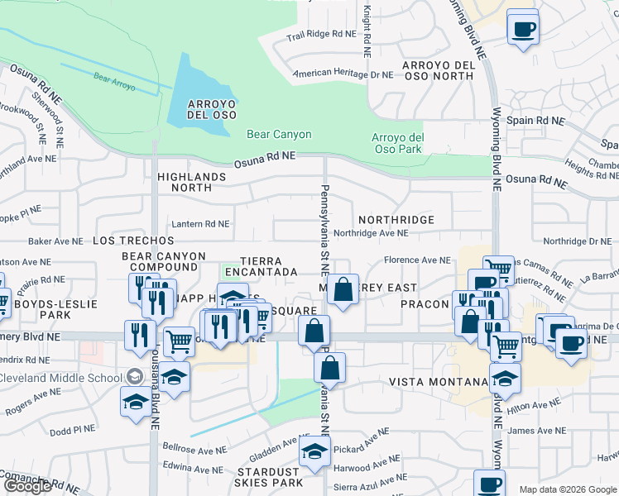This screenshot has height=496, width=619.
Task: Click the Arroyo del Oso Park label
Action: point(397,143)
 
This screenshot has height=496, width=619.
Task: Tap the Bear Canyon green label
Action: point(279,134)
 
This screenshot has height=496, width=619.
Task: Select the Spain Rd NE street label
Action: point(535,120)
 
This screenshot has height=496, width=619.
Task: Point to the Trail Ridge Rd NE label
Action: point(320,35)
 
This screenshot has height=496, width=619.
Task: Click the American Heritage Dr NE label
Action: point(344,74)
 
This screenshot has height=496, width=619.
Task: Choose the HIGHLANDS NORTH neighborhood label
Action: point(191,182)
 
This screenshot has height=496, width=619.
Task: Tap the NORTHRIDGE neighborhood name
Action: point(396,220)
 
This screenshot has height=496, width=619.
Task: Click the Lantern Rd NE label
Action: point(199,223)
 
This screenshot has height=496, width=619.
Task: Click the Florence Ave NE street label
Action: point(417,260)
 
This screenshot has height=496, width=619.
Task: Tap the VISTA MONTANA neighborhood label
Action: point(439,382)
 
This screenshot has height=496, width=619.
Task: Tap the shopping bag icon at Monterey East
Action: point(343,289)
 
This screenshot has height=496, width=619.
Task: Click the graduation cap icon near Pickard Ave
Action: point(315,452)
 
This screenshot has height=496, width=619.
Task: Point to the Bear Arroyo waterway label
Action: point(114,80)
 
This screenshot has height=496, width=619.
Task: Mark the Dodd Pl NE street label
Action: point(73,430)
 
